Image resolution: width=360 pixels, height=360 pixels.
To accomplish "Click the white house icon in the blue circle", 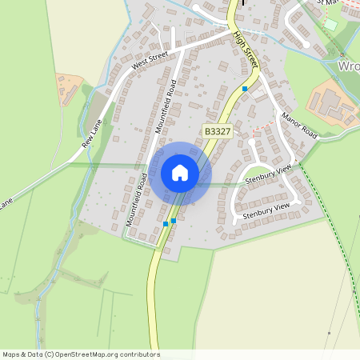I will [180, 172].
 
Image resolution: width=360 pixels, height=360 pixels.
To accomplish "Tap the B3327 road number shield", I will [217, 130].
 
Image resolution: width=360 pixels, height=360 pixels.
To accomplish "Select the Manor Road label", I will [299, 126].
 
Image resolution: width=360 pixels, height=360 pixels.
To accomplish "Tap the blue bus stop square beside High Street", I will [245, 88].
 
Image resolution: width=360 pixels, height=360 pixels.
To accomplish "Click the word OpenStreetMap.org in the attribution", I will [90, 354].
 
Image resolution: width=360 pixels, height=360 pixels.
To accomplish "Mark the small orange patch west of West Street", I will [70, 84].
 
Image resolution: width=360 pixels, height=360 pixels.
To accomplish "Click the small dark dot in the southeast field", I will [329, 333].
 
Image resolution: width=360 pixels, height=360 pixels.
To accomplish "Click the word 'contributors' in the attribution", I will [139, 354].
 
